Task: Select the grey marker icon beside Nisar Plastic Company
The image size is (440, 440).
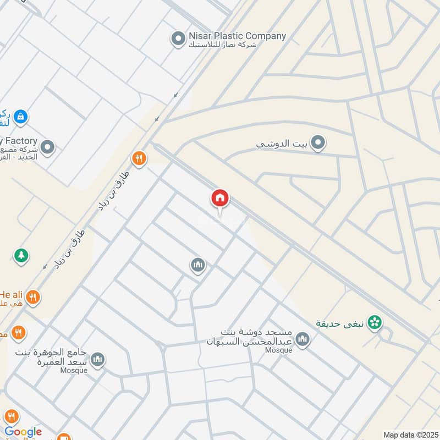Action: coord(178,38)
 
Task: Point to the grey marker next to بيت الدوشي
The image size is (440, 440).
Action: coord(317,144)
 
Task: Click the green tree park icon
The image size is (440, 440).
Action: coord(21,256)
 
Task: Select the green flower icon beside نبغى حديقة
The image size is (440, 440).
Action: coord(375,323)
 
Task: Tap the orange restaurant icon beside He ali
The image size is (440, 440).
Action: coord(33,298)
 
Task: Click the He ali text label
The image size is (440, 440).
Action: coord(11,293)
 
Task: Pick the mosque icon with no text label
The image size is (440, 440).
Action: coord(198,266)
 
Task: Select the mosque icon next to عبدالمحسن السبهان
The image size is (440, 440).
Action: coord(302,340)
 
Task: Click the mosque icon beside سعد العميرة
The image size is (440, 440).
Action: coord(97,360)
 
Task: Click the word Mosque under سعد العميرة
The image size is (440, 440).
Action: coord(74,370)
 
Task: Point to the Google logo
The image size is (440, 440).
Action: coord(23,432)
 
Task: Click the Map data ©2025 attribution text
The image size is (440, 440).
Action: coord(410,435)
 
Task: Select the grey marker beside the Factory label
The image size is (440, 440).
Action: coord(47,147)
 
